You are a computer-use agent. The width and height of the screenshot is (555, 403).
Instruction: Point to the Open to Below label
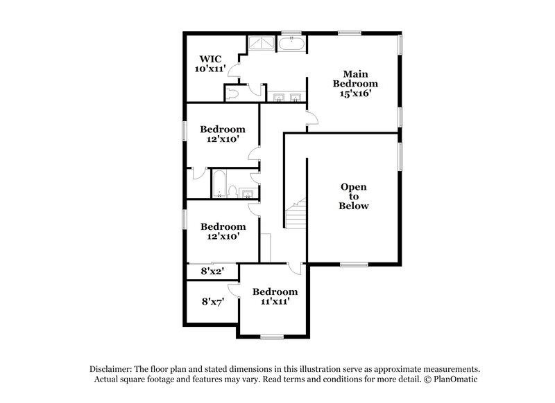click(354, 196)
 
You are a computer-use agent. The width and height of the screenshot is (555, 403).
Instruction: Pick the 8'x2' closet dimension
click(210, 272)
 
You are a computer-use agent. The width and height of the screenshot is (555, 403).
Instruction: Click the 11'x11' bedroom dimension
click(275, 302)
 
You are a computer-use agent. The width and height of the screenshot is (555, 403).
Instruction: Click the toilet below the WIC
click(234, 93)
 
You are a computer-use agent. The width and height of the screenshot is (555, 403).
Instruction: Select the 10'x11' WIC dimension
click(210, 69)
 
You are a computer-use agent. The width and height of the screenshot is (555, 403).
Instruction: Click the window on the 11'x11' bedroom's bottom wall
click(272, 337)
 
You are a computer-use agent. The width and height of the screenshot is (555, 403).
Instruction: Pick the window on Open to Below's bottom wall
click(354, 263)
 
